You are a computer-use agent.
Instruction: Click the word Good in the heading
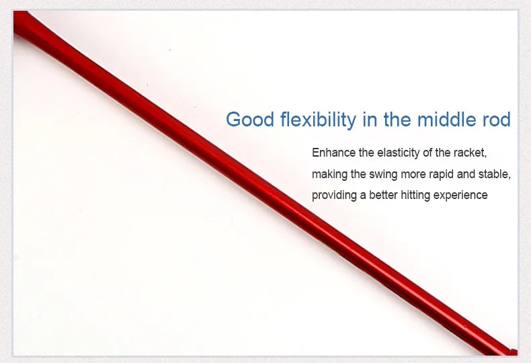click(250, 120)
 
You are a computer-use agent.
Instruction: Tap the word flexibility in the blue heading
click(319, 120)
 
